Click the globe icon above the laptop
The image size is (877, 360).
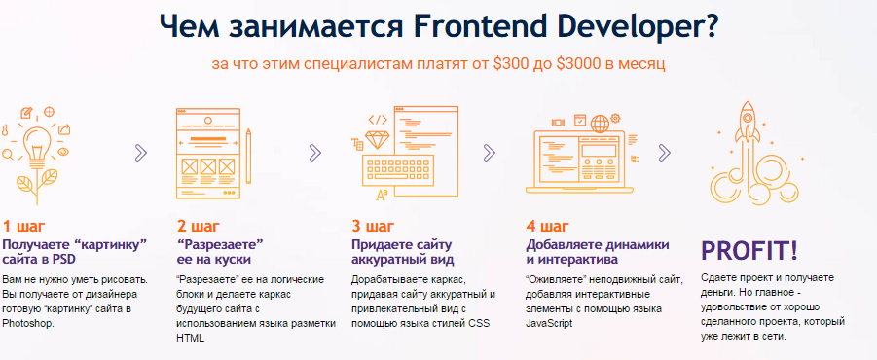coord(600,123)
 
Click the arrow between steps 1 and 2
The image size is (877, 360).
coord(141,153)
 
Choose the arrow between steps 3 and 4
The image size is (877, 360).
coord(490,153)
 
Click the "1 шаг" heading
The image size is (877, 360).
coord(23,227)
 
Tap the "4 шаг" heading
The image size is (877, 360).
coord(548,227)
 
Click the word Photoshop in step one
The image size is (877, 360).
coord(28,323)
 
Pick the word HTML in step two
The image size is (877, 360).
coord(190,338)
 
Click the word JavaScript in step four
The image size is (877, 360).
coord(549,323)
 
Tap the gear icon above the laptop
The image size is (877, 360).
coord(616,118)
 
